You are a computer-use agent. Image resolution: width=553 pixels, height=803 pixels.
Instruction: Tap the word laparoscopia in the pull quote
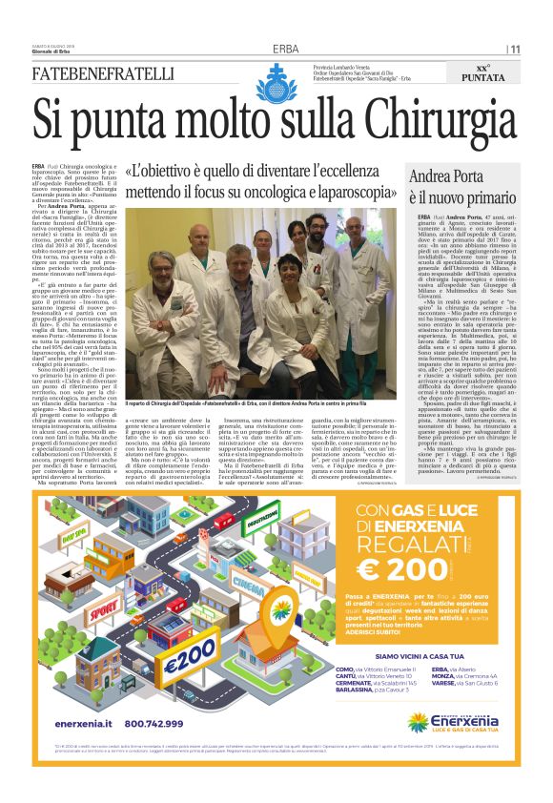pos(348,194)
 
